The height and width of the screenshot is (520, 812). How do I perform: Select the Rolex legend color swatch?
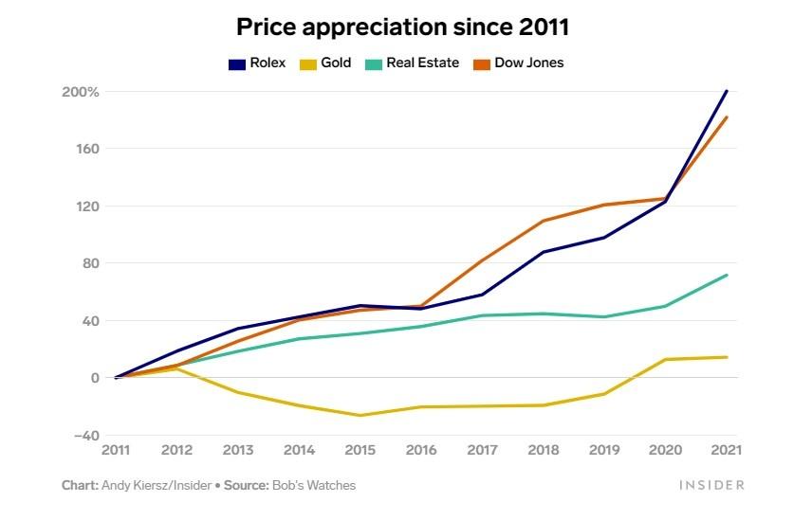(x=237, y=63)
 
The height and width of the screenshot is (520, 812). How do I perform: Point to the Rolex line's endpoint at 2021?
(x=727, y=91)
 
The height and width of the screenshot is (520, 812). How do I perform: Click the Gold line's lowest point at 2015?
(x=360, y=415)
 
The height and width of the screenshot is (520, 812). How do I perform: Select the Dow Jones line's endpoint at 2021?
(x=727, y=117)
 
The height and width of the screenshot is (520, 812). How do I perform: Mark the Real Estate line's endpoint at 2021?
(x=727, y=275)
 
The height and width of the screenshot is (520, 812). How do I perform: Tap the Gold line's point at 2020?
(x=665, y=359)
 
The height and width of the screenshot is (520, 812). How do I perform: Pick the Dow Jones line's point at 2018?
(x=543, y=221)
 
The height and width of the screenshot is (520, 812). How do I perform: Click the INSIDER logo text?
(x=711, y=485)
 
